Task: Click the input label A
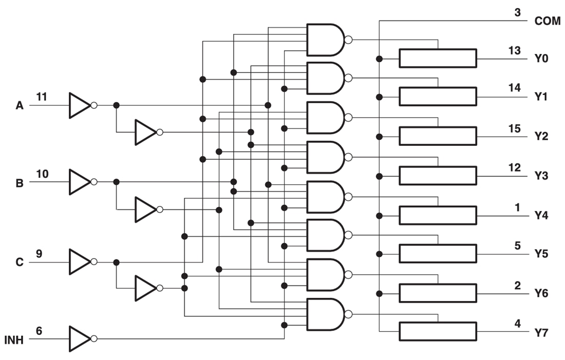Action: tap(20, 106)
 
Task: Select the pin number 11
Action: tap(42, 96)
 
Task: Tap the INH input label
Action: tap(14, 340)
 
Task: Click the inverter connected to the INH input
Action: tap(80, 339)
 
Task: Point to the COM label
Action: tap(547, 22)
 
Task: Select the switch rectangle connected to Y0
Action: tap(438, 59)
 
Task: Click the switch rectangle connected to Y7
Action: tap(438, 331)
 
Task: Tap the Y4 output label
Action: tap(541, 215)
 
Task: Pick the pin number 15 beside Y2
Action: tap(514, 128)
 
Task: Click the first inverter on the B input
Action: tap(80, 182)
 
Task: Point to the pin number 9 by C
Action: tap(39, 253)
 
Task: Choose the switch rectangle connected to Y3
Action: tap(438, 176)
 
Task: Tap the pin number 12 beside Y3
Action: tap(514, 167)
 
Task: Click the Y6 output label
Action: tap(541, 293)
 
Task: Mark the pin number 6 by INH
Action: tap(39, 331)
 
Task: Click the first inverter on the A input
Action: tap(80, 105)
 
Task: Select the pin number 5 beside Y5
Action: tap(517, 245)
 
